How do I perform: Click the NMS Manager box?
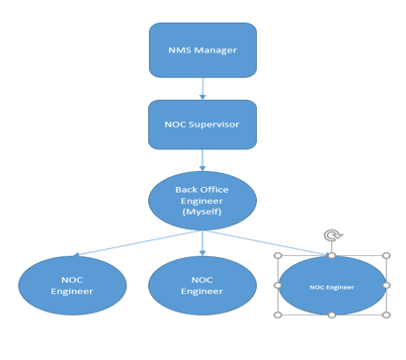pyautogui.click(x=203, y=50)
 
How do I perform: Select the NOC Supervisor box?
pyautogui.click(x=203, y=125)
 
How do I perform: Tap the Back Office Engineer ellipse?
pyautogui.click(x=203, y=200)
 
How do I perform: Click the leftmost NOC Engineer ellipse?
pyautogui.click(x=72, y=286)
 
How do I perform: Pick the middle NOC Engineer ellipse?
pyautogui.click(x=203, y=286)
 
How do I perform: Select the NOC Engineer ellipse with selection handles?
pyautogui.click(x=332, y=286)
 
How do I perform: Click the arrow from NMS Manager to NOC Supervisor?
pyautogui.click(x=203, y=88)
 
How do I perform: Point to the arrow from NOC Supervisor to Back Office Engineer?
pyautogui.click(x=203, y=160)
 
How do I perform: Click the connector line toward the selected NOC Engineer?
pyautogui.click(x=286, y=244)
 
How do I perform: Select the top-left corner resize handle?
pyautogui.click(x=278, y=256)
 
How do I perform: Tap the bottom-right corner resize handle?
pyautogui.click(x=386, y=315)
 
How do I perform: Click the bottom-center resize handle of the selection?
pyautogui.click(x=332, y=315)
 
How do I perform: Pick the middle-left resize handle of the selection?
pyautogui.click(x=278, y=286)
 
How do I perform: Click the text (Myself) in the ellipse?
pyautogui.click(x=203, y=211)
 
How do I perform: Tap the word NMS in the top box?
pyautogui.click(x=180, y=50)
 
